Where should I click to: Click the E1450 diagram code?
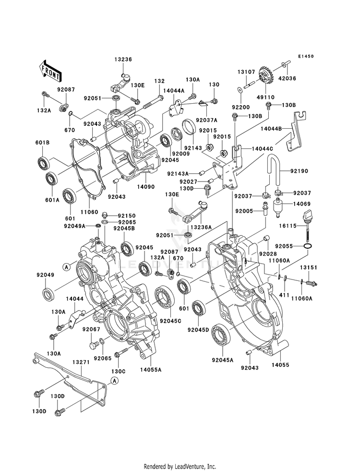click(306, 56)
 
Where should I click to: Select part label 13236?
click(123, 60)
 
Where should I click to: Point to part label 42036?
click(287, 78)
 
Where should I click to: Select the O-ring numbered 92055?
click(307, 246)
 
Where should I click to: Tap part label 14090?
click(145, 187)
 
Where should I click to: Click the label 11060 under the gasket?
click(89, 212)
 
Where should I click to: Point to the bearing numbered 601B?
click(44, 162)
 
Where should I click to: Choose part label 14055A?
click(151, 370)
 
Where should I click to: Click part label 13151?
click(308, 267)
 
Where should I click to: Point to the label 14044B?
click(271, 128)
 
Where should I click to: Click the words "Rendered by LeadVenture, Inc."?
click(180, 467)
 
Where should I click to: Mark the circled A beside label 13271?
click(114, 381)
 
